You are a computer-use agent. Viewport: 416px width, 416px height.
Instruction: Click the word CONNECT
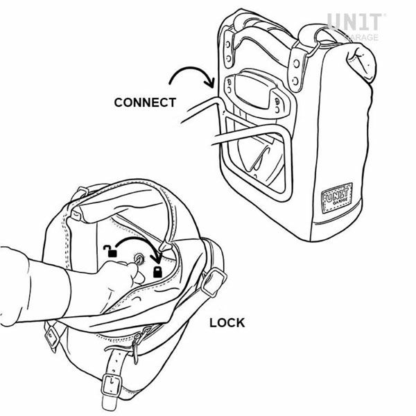click(x=145, y=103)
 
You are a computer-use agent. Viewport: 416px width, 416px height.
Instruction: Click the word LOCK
click(x=227, y=323)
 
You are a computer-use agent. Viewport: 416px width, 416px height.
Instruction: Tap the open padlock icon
click(x=110, y=251)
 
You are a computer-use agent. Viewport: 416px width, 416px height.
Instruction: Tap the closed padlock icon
click(x=157, y=272)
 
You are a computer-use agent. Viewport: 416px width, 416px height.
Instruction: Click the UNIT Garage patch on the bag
click(x=337, y=198)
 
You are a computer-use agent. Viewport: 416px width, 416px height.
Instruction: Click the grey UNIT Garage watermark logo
click(x=355, y=26)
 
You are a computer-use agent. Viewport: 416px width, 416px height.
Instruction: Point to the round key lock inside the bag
click(x=139, y=258)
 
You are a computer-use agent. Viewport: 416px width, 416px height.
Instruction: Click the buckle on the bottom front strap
click(x=111, y=385)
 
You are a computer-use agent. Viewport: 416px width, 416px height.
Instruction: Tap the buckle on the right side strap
click(x=214, y=282)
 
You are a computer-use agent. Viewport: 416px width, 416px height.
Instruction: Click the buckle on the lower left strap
click(x=53, y=337)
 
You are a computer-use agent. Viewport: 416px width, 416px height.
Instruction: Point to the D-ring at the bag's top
click(x=314, y=49)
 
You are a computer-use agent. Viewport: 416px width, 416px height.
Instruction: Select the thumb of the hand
click(x=137, y=272)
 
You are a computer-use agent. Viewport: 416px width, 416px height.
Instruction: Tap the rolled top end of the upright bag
click(x=361, y=61)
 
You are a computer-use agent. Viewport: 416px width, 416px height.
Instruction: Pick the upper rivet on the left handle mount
click(x=228, y=44)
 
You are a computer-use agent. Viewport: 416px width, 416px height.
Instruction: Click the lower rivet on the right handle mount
click(x=295, y=80)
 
